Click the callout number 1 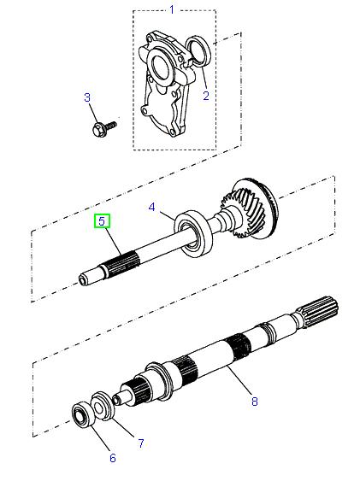(x=171, y=9)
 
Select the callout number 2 (x=206, y=96)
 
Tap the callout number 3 (x=87, y=98)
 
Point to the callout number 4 (x=152, y=207)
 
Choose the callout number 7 (x=140, y=443)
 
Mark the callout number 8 (x=253, y=401)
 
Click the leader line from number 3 (x=91, y=114)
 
